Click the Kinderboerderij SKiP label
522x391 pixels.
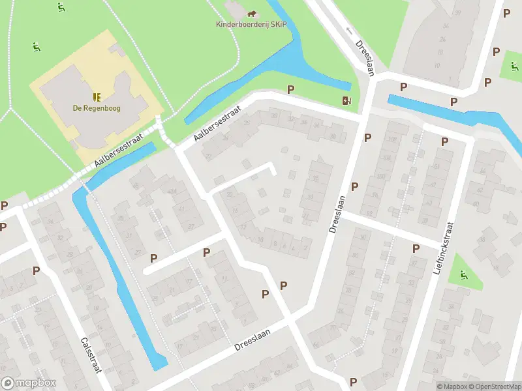pyautogui.click(x=251, y=25)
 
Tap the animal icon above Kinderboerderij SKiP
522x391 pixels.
pyautogui.click(x=251, y=13)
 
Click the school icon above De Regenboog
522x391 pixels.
pyautogui.click(x=97, y=97)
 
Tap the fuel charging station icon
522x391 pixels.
pyautogui.click(x=347, y=100)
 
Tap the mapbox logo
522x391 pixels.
pyautogui.click(x=29, y=383)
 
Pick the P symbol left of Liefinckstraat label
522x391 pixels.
pyautogui.click(x=416, y=248)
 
